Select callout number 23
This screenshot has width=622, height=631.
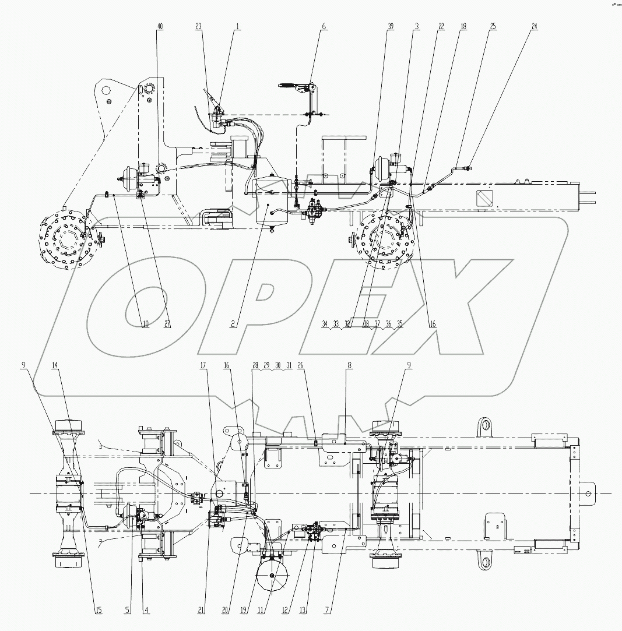pyautogui.click(x=198, y=27)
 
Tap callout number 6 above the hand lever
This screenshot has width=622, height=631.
pyautogui.click(x=324, y=27)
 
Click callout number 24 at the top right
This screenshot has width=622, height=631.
pyautogui.click(x=535, y=27)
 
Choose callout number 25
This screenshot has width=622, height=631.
pyautogui.click(x=493, y=27)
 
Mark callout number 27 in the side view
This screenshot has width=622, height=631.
pyautogui.click(x=167, y=324)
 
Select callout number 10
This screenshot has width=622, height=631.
pyautogui.click(x=146, y=324)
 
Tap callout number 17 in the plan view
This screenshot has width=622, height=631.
pyautogui.click(x=203, y=365)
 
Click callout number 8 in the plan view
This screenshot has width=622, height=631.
pyautogui.click(x=349, y=365)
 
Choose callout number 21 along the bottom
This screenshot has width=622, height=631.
pyautogui.click(x=201, y=610)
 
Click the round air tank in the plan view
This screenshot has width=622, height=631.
pyautogui.click(x=273, y=575)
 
